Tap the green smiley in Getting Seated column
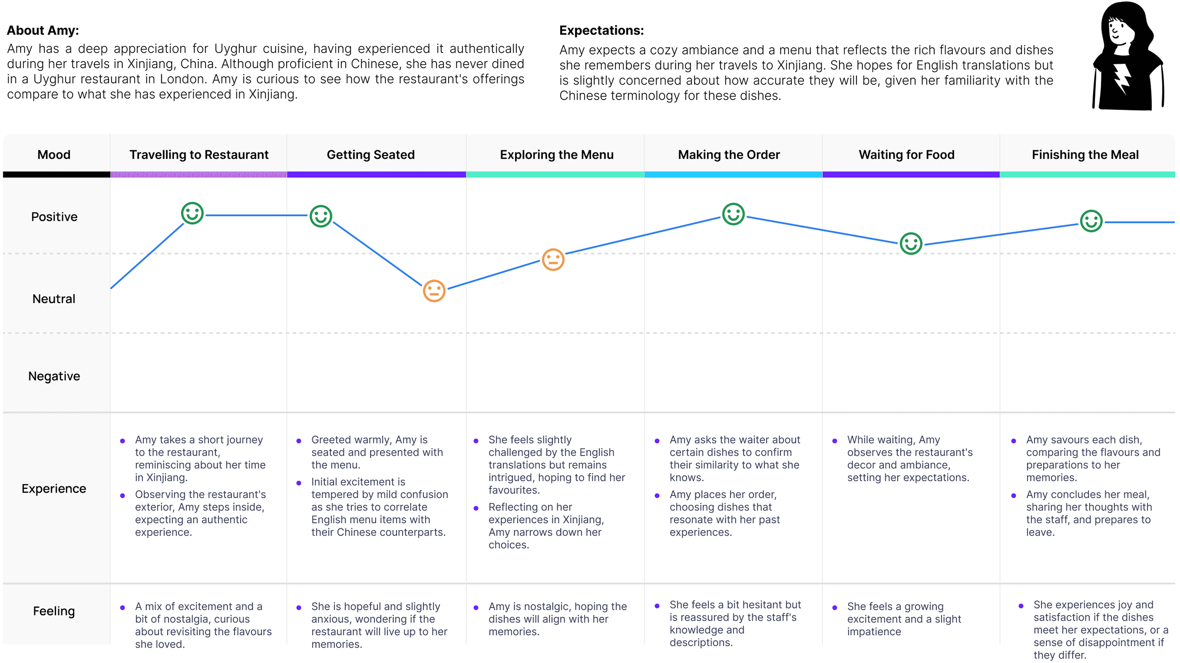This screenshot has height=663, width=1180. [x=321, y=216]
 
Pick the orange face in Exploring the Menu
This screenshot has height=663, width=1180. [x=553, y=260]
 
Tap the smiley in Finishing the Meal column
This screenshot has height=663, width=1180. [x=1091, y=221]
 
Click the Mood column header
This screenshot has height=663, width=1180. [x=54, y=155]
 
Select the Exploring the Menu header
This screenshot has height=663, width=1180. [x=557, y=155]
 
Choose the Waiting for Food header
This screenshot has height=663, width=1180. [x=907, y=155]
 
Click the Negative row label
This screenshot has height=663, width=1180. [x=54, y=376]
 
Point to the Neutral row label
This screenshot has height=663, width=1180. [x=54, y=299]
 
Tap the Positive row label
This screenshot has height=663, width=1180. [x=54, y=217]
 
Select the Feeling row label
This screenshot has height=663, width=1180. [x=54, y=611]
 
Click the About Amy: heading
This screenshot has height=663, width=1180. [x=43, y=30]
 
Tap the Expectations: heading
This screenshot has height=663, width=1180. [x=601, y=30]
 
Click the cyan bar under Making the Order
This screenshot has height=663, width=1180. [x=733, y=175]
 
